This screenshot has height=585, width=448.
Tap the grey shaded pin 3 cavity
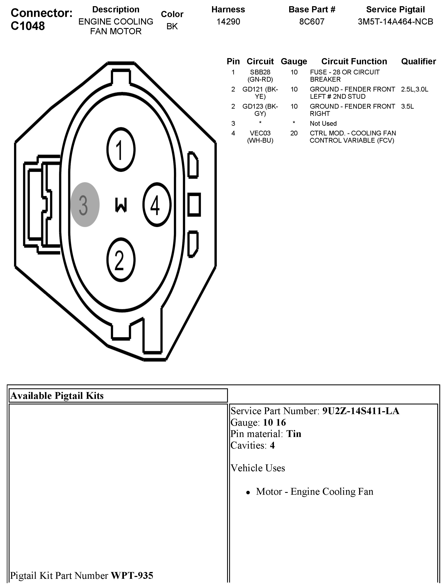coord(85,205)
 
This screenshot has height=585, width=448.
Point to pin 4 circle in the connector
coord(157,205)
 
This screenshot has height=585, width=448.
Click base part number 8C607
coord(312,22)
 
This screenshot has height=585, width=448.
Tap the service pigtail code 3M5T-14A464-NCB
coord(395,22)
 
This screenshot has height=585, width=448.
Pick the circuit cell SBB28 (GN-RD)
coord(260,76)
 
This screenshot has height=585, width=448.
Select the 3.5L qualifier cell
coord(407,107)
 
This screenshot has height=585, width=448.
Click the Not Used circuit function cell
coord(323,124)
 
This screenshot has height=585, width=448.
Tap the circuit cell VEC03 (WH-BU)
coord(260,137)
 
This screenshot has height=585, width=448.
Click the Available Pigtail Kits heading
coord(57,396)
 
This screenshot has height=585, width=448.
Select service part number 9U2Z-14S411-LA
coord(361,411)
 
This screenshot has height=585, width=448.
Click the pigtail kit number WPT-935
coord(132,575)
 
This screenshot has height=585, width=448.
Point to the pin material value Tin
coord(294,434)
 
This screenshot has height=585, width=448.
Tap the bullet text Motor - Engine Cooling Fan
coord(314,491)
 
